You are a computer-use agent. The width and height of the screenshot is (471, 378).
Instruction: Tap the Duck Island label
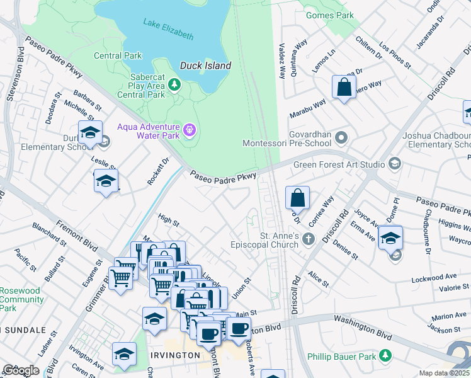(x=205, y=66)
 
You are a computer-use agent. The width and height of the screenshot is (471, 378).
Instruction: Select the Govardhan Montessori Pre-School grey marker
(x=341, y=137)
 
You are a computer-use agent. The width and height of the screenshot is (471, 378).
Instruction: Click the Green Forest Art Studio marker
(x=395, y=164)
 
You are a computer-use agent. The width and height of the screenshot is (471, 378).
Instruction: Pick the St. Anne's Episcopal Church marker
(x=308, y=239)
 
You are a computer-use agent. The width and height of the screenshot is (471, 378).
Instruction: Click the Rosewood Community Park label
(x=20, y=300)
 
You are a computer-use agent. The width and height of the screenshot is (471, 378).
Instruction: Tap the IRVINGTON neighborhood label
(x=176, y=355)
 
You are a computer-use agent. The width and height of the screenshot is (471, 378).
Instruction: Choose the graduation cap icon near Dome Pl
(x=390, y=240)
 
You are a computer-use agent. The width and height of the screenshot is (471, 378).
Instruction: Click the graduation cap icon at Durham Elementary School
(x=90, y=132)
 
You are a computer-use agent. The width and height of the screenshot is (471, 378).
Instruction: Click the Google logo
(x=21, y=370)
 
